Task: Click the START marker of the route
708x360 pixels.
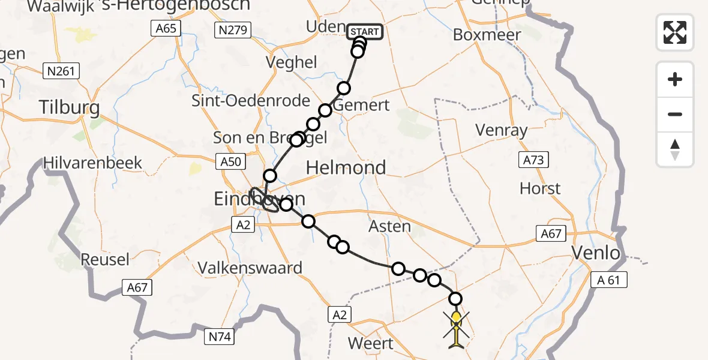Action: point(365,31)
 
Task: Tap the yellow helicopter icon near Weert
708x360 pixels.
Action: point(457,329)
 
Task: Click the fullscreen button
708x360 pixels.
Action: point(675,32)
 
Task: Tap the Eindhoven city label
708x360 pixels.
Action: point(259,199)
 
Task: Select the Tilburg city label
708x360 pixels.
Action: point(69,107)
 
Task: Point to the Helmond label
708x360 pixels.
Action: point(346,167)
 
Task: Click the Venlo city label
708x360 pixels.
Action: point(596,253)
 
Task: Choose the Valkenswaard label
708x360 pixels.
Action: point(251,268)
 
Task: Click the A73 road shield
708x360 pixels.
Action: point(533,160)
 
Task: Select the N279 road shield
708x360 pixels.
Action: point(233,30)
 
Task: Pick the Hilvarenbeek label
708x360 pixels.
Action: point(93,163)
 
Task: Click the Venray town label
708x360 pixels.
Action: point(501,130)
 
